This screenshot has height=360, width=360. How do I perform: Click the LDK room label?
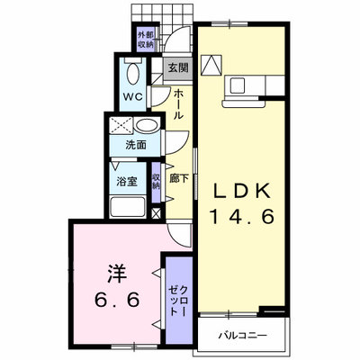(242, 190)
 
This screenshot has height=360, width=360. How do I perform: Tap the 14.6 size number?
(242, 216)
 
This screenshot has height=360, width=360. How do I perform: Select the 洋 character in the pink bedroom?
(117, 274)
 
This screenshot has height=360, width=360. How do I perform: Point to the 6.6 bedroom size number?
(117, 300)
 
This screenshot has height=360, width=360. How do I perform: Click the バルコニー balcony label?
(242, 335)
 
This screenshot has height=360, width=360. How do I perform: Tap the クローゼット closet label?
(179, 301)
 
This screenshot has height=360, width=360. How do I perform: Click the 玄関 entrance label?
(178, 68)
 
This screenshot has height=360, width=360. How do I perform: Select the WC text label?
(133, 97)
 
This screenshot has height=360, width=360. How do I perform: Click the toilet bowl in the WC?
(133, 74)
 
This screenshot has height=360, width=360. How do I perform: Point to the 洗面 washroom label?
(136, 145)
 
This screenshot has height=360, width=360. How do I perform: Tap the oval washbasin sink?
(147, 124)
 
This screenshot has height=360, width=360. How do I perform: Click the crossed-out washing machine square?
(121, 125)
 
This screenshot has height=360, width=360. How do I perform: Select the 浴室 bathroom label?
(127, 182)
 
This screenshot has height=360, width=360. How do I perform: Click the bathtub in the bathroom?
(128, 207)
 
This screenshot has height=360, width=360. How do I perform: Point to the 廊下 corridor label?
(179, 179)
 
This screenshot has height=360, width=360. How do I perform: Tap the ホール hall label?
(178, 103)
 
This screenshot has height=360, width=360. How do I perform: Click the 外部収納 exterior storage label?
(146, 40)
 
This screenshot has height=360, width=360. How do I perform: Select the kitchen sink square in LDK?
(238, 85)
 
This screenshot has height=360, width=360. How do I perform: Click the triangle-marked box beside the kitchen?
(211, 65)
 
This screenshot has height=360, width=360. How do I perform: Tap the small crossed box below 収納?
(156, 213)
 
